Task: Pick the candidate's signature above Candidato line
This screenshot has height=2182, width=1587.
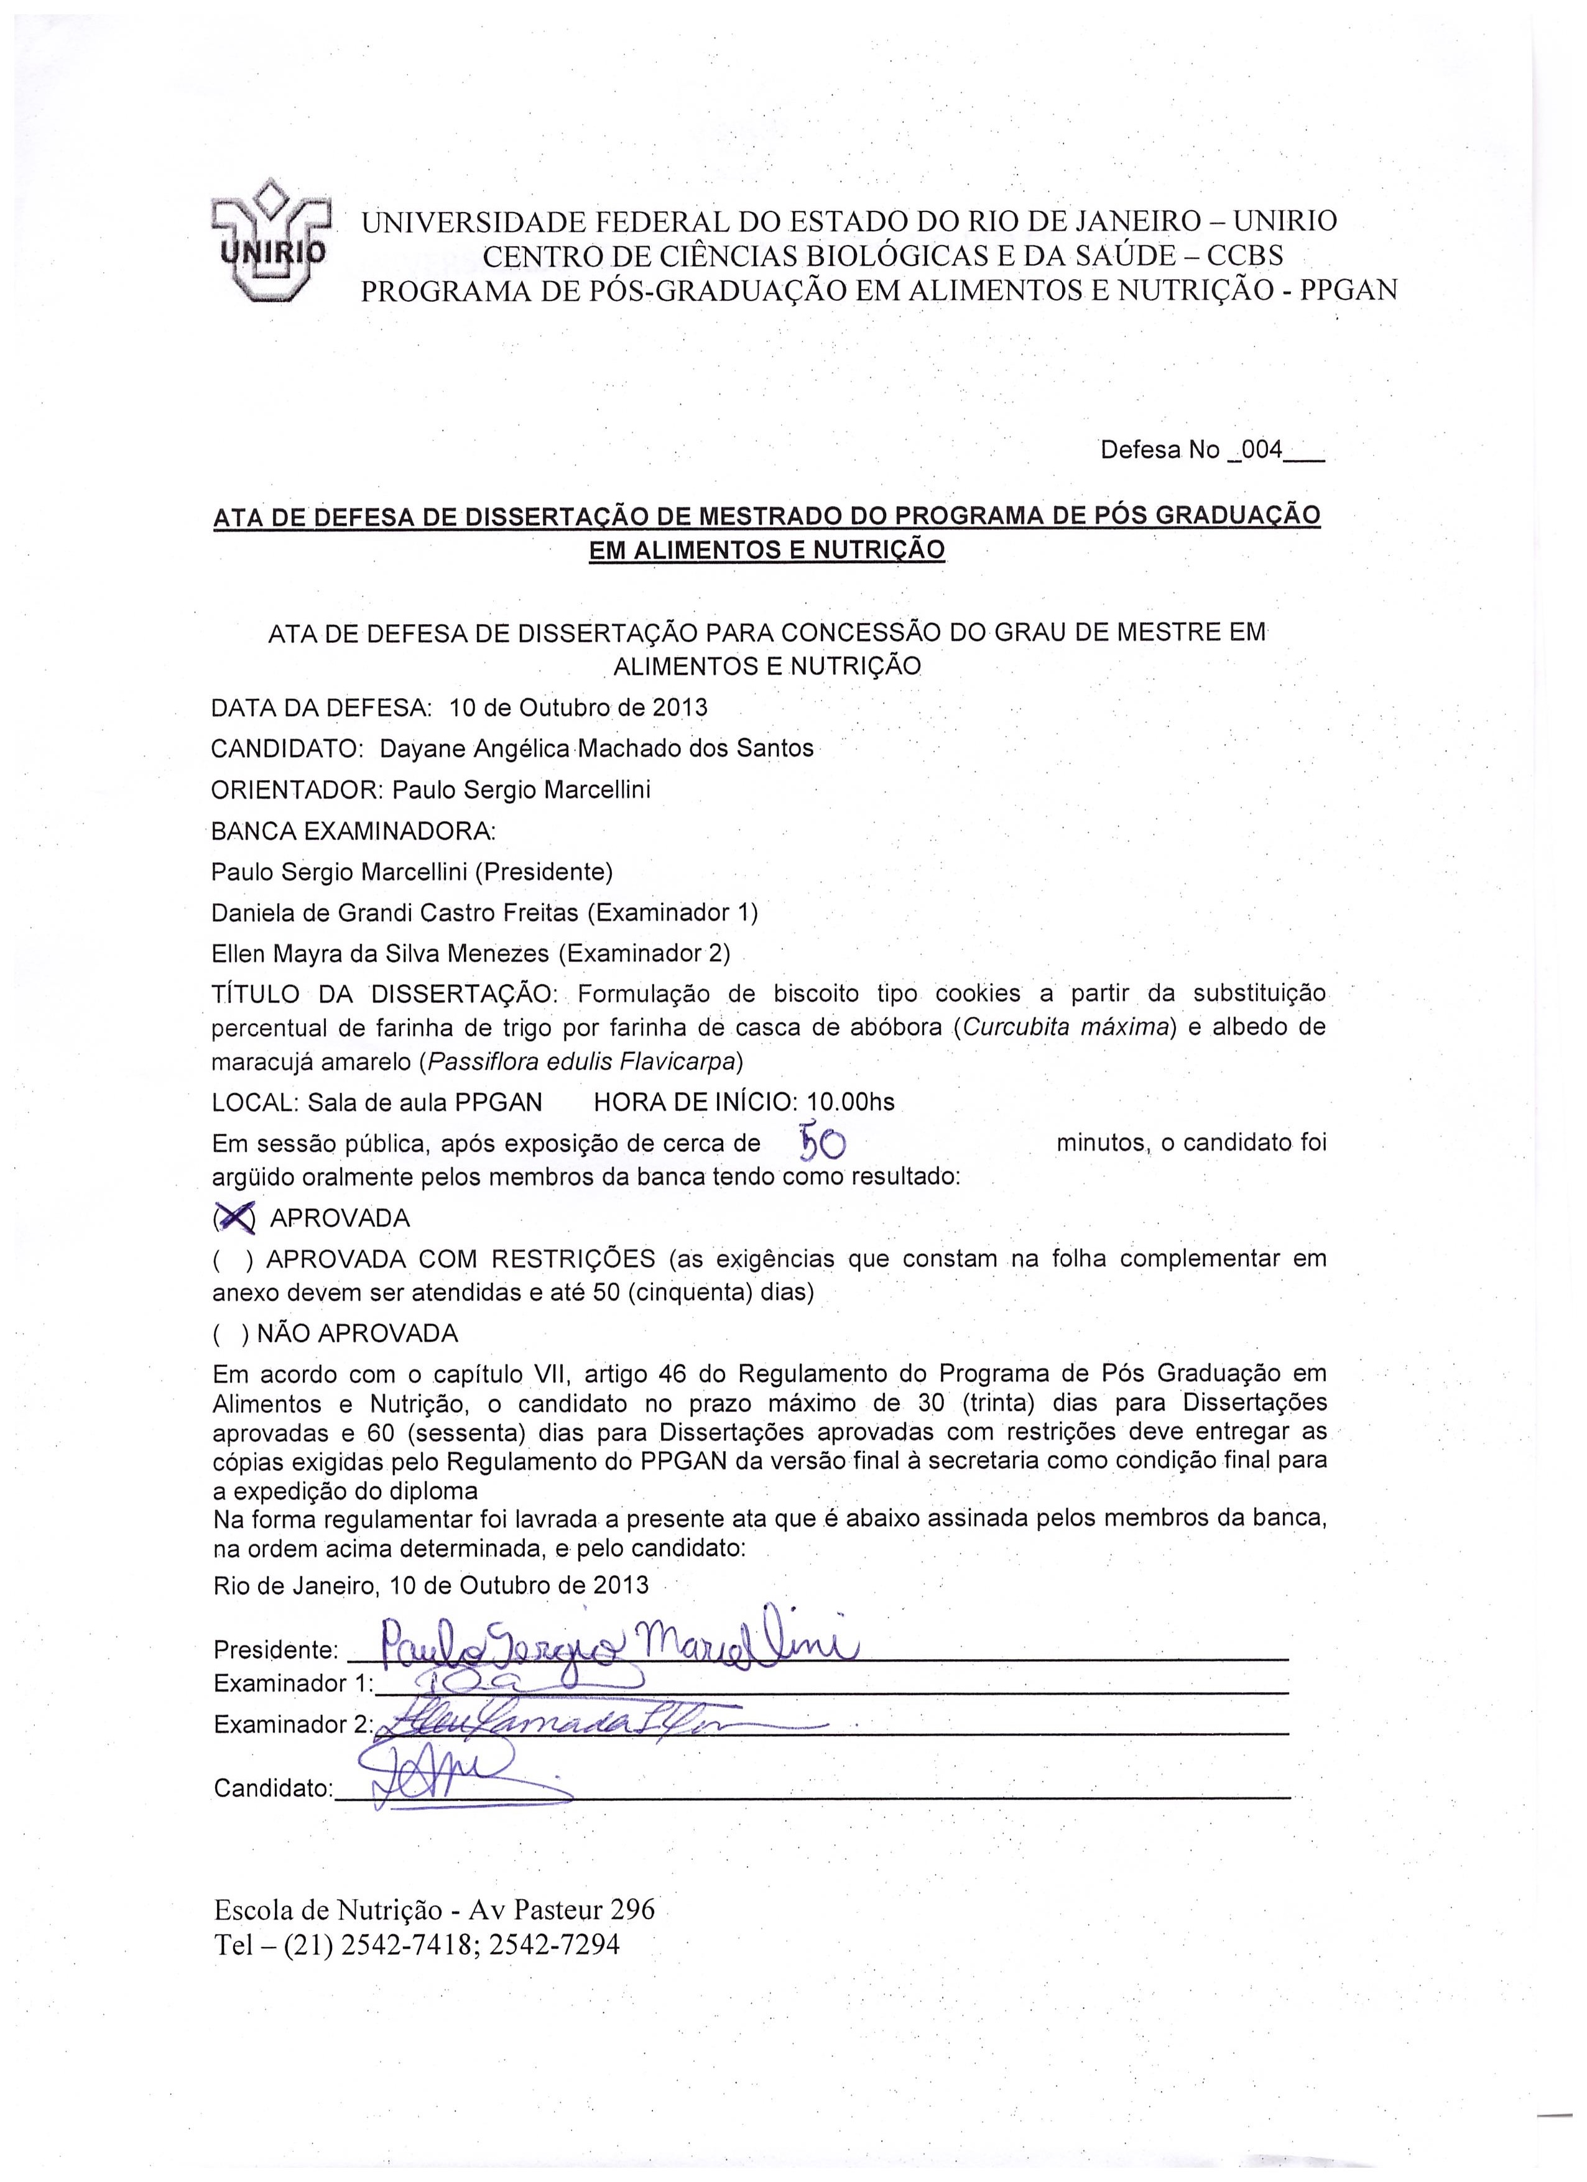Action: coord(443,1770)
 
